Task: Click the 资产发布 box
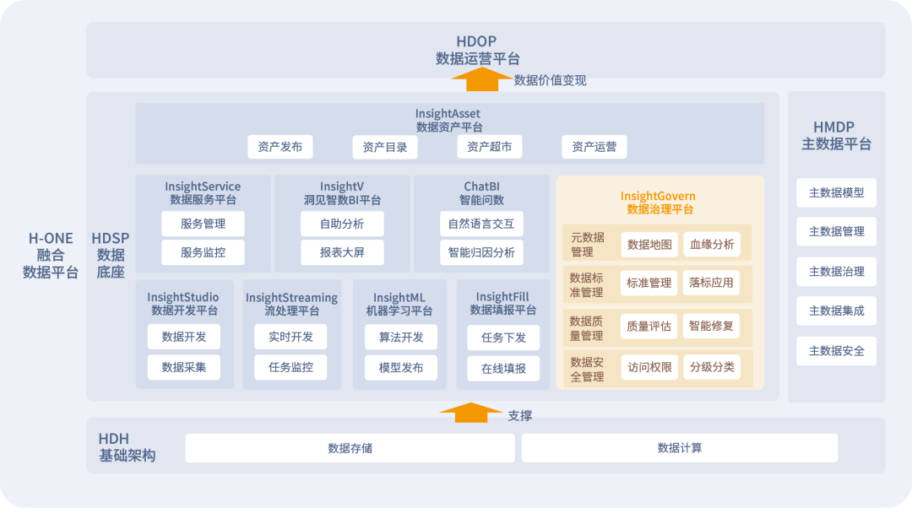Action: [x=280, y=147]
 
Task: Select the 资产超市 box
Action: [x=490, y=147]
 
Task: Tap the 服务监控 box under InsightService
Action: [x=203, y=252]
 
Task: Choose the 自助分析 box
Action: [x=342, y=224]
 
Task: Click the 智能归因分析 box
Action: [x=481, y=252]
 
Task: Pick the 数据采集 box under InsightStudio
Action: [x=184, y=367]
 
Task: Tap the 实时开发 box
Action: [x=290, y=337]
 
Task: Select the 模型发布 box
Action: [x=401, y=367]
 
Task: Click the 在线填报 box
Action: [x=503, y=368]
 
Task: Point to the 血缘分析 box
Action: [x=712, y=245]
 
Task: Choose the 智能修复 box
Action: [x=711, y=325]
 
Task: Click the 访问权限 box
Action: [x=649, y=367]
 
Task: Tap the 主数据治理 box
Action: [x=836, y=272]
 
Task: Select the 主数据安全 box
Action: [x=836, y=351]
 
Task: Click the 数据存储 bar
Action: [x=350, y=448]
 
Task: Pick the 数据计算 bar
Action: [x=680, y=448]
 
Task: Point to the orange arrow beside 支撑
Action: [x=471, y=413]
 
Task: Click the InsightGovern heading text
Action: [x=659, y=197]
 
